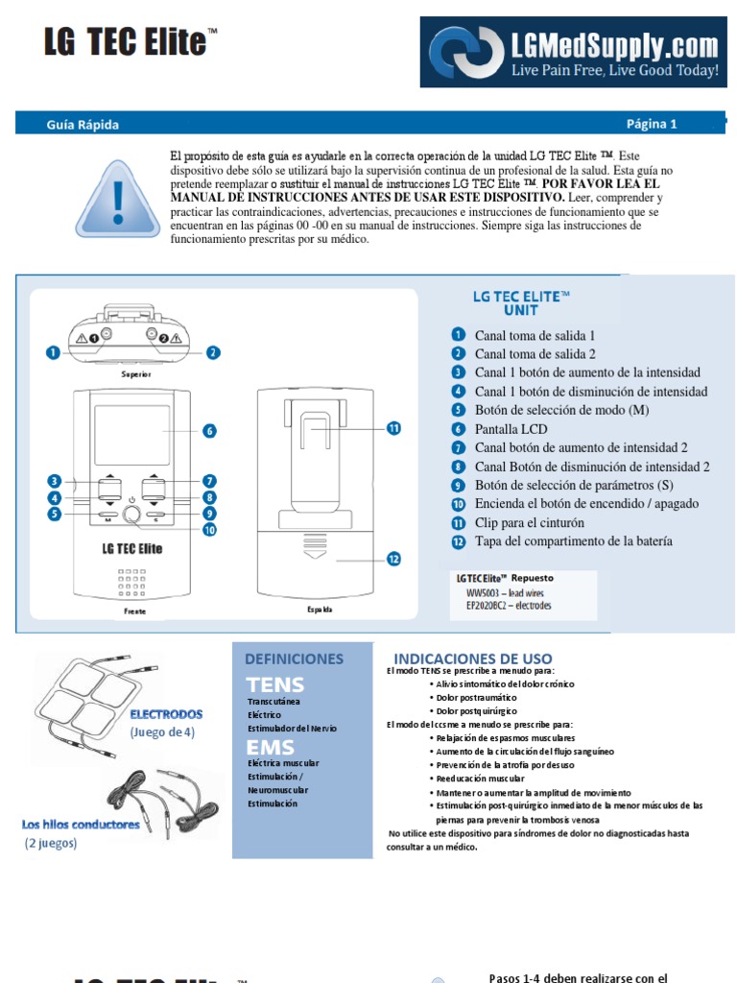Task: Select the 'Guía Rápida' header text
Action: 83,124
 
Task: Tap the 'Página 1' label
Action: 652,123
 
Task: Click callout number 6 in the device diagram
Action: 209,431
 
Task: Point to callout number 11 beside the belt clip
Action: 392,428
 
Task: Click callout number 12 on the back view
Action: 392,559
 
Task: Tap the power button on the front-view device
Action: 131,514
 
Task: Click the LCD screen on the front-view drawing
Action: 132,433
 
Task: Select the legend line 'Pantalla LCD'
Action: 511,429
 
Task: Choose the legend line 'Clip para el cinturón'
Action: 529,523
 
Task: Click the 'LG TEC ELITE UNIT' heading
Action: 520,303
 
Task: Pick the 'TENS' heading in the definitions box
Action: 274,684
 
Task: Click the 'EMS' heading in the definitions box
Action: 270,747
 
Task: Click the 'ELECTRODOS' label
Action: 166,714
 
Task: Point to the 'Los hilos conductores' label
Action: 81,824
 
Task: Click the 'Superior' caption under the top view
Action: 135,373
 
